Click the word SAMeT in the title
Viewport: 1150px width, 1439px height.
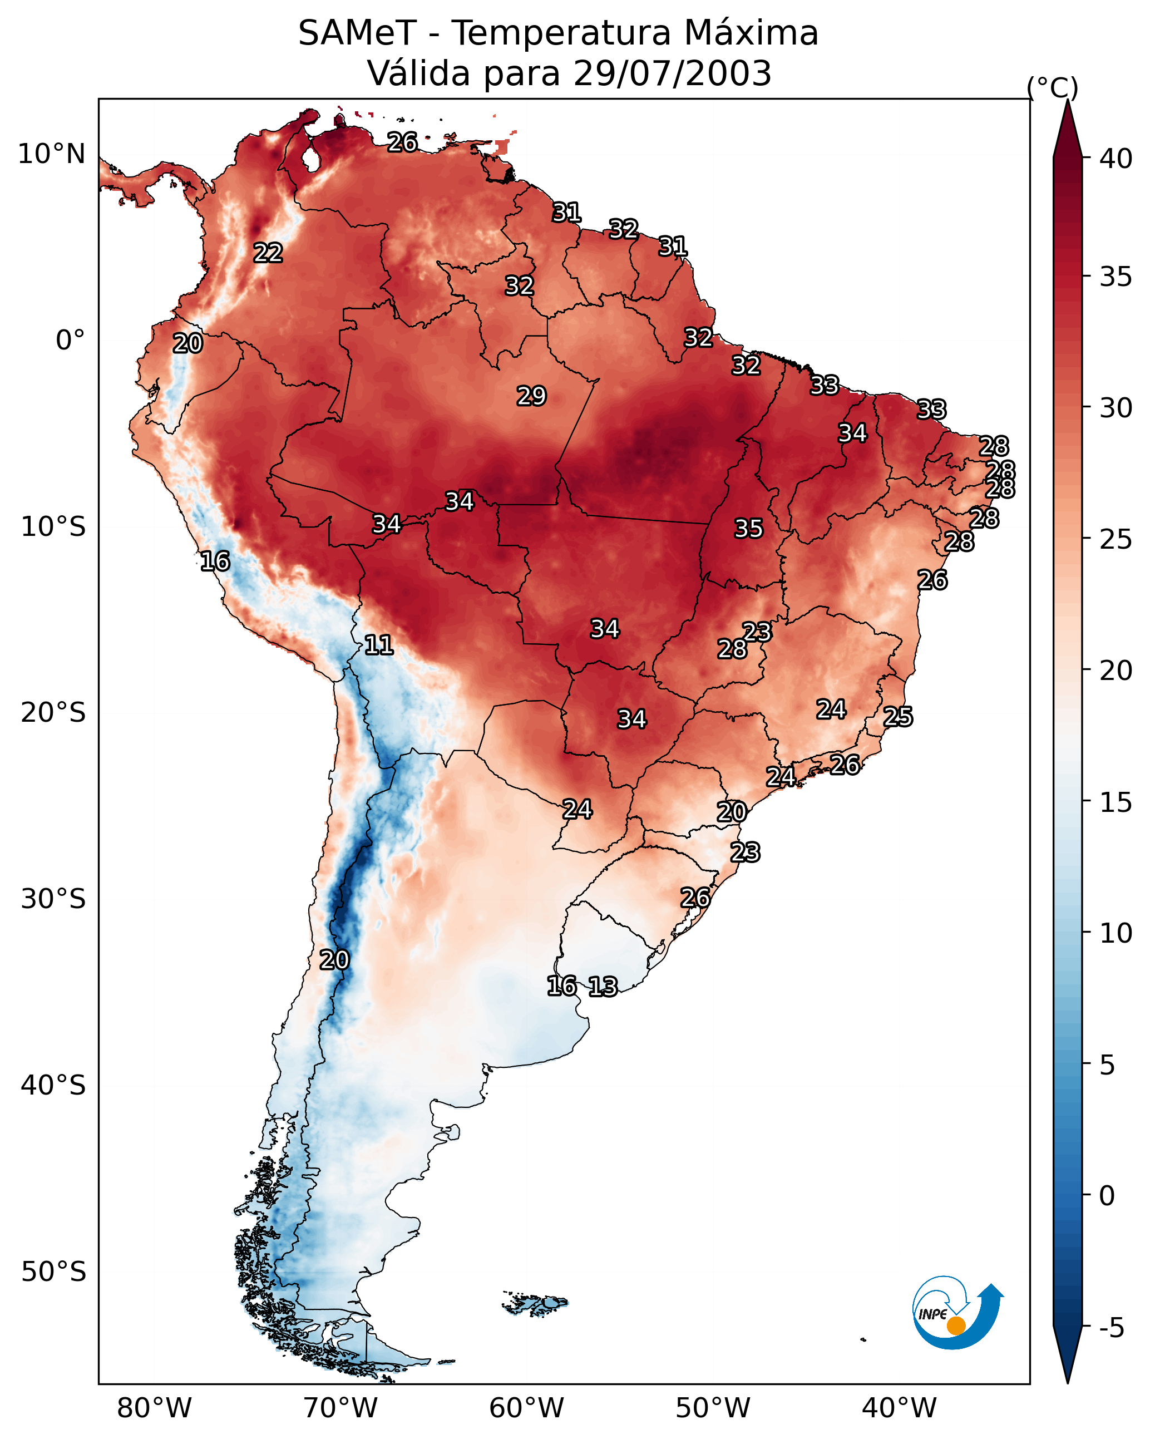tap(357, 33)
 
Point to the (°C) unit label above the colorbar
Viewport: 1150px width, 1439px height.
tap(1052, 87)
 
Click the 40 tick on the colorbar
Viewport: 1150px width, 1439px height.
tap(1116, 159)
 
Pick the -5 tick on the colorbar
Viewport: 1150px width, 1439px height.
tap(1111, 1329)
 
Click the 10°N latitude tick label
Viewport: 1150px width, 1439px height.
tap(51, 154)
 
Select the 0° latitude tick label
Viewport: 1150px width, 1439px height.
tap(70, 341)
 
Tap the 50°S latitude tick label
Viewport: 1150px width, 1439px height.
tap(53, 1272)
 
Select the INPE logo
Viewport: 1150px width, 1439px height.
tap(957, 1312)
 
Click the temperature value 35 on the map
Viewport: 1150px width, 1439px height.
tap(748, 529)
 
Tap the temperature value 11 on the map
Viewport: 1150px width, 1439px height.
tap(378, 645)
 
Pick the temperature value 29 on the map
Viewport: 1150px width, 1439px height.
tap(531, 396)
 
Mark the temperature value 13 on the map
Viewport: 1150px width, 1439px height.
tap(603, 987)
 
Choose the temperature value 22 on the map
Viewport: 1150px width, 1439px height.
tap(268, 253)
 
